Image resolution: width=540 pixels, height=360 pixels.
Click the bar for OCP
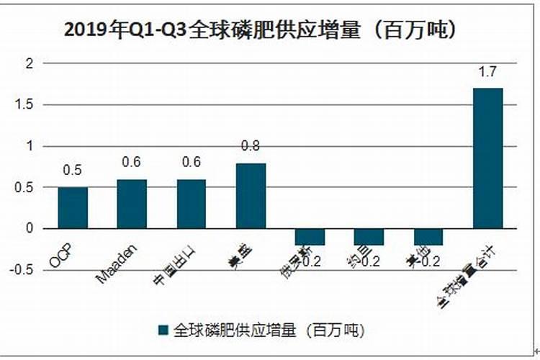(x=72, y=207)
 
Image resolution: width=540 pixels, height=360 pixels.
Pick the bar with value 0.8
(x=251, y=195)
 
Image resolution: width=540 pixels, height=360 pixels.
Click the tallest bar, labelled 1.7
(x=487, y=158)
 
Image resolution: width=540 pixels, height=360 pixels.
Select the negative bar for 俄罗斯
(x=310, y=237)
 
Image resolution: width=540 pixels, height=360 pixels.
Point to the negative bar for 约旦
(x=369, y=237)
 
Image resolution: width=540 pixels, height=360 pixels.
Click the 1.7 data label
(x=487, y=72)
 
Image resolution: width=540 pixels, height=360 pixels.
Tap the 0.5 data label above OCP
(x=72, y=171)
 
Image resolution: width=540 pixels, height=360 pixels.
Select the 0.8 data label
(x=251, y=146)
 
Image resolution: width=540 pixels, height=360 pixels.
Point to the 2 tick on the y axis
(x=30, y=63)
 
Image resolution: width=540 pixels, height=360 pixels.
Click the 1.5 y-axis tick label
(x=26, y=104)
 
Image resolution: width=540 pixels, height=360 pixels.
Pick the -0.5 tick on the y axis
(x=24, y=270)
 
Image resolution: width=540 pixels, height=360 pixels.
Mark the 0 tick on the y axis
(x=30, y=228)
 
